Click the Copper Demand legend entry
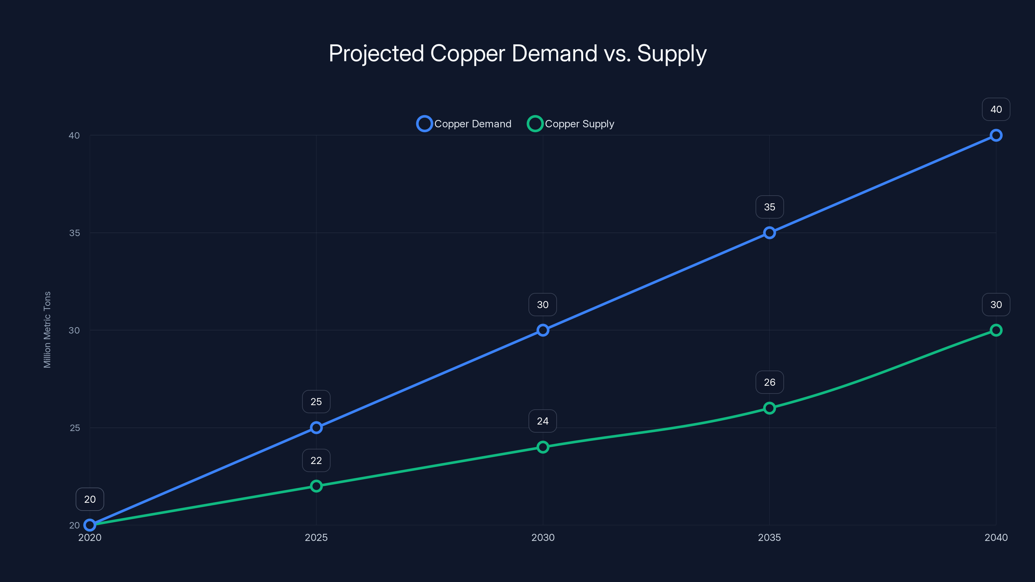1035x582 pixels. click(x=464, y=124)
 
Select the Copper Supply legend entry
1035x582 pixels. click(x=571, y=124)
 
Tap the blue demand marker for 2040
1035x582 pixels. click(x=996, y=135)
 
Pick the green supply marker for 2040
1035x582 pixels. click(x=996, y=330)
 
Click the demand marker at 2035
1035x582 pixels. click(x=769, y=232)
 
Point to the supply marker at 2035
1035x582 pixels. click(x=769, y=408)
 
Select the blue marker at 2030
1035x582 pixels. click(x=543, y=330)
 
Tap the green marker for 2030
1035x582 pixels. click(x=543, y=447)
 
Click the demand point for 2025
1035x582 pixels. click(x=316, y=427)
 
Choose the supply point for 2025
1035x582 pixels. click(x=316, y=486)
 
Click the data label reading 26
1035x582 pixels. click(x=769, y=382)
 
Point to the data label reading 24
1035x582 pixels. click(x=542, y=421)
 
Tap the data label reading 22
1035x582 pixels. click(x=316, y=460)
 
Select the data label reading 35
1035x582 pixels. click(x=769, y=207)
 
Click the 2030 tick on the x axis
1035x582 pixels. click(x=543, y=537)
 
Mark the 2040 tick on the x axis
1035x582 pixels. click(x=996, y=537)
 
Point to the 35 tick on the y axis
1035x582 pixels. click(x=74, y=233)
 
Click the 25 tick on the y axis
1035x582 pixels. click(x=75, y=428)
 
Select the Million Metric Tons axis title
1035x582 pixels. click(x=47, y=329)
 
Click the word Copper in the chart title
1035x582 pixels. click(x=467, y=53)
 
